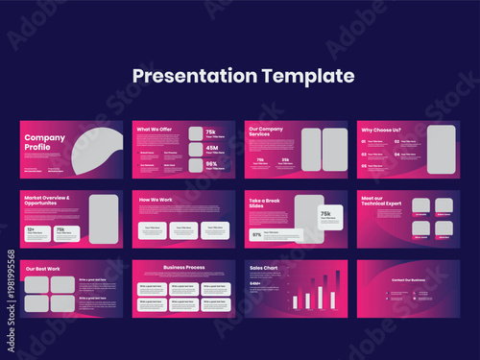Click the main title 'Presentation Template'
click(x=243, y=76)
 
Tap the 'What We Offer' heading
click(x=155, y=129)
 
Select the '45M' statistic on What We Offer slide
click(x=210, y=148)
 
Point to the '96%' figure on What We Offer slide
click(x=210, y=164)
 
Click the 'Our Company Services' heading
click(x=267, y=132)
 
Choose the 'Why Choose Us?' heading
click(x=381, y=129)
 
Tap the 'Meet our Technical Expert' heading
click(x=378, y=203)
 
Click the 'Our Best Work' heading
click(x=43, y=269)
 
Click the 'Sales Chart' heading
click(x=264, y=270)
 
